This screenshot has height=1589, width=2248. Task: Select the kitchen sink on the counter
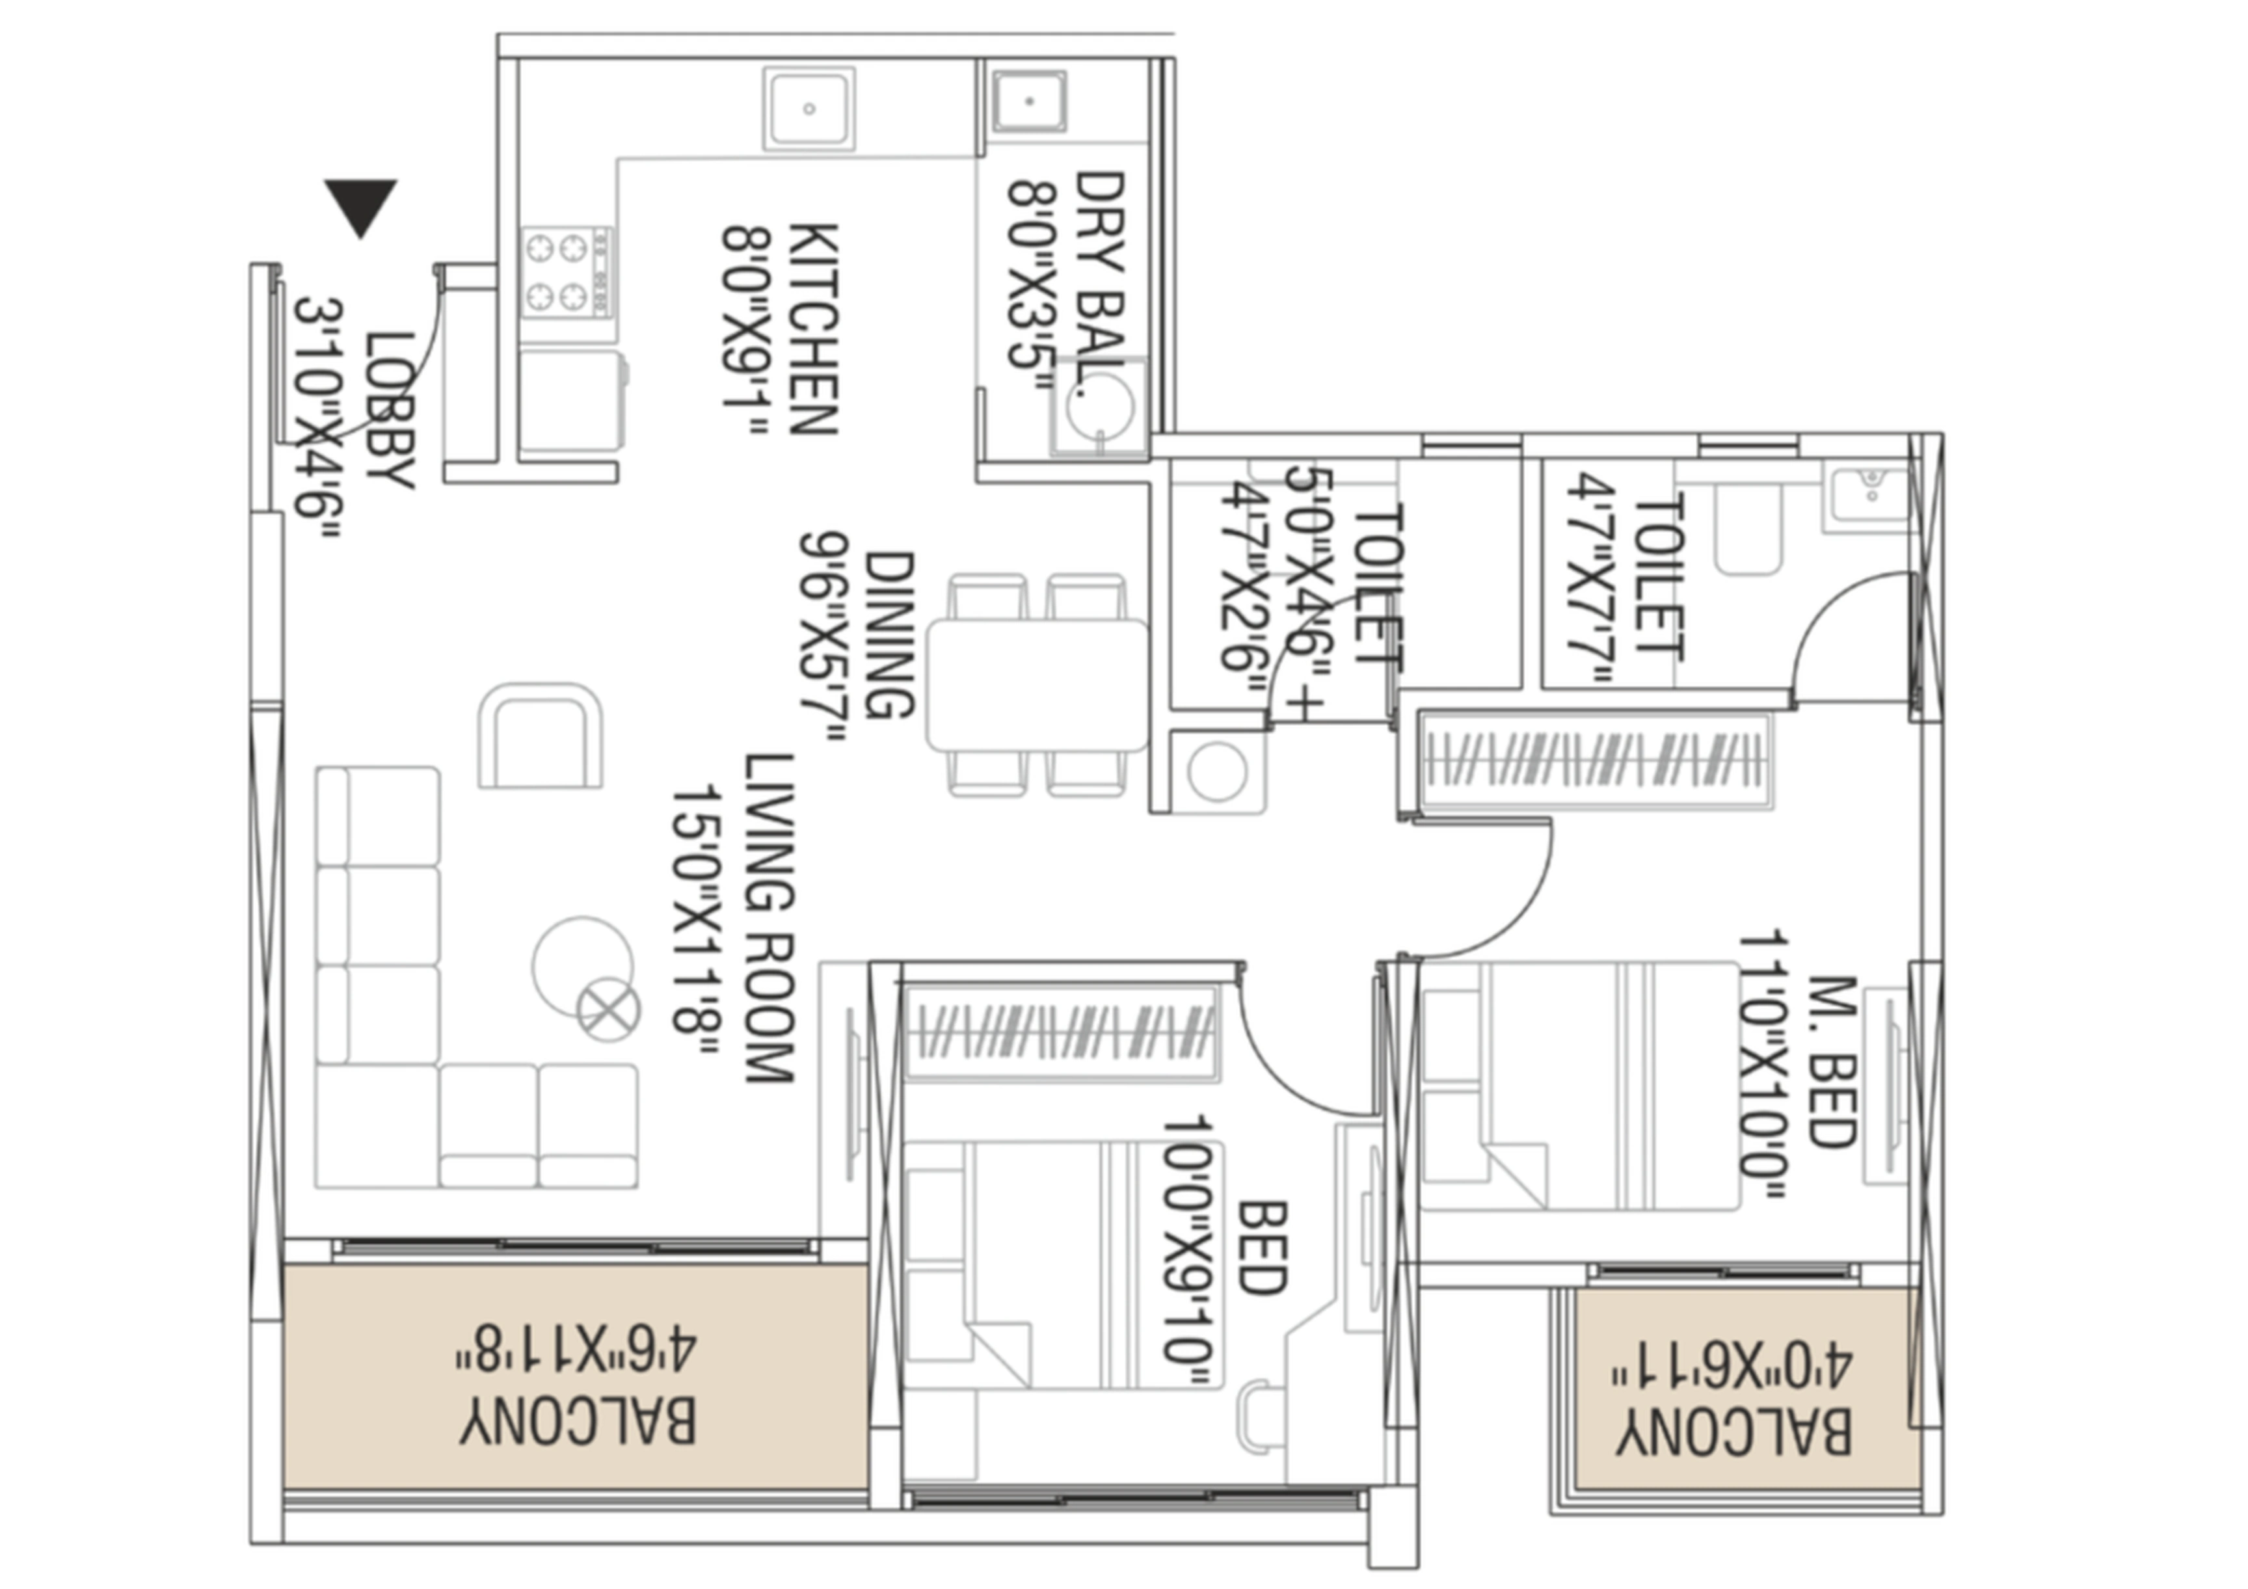click(x=809, y=109)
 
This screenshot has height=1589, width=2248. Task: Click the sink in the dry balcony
click(x=1029, y=101)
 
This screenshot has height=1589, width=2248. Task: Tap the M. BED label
click(x=1832, y=1062)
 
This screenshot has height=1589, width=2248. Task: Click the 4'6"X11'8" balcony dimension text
click(x=576, y=1350)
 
